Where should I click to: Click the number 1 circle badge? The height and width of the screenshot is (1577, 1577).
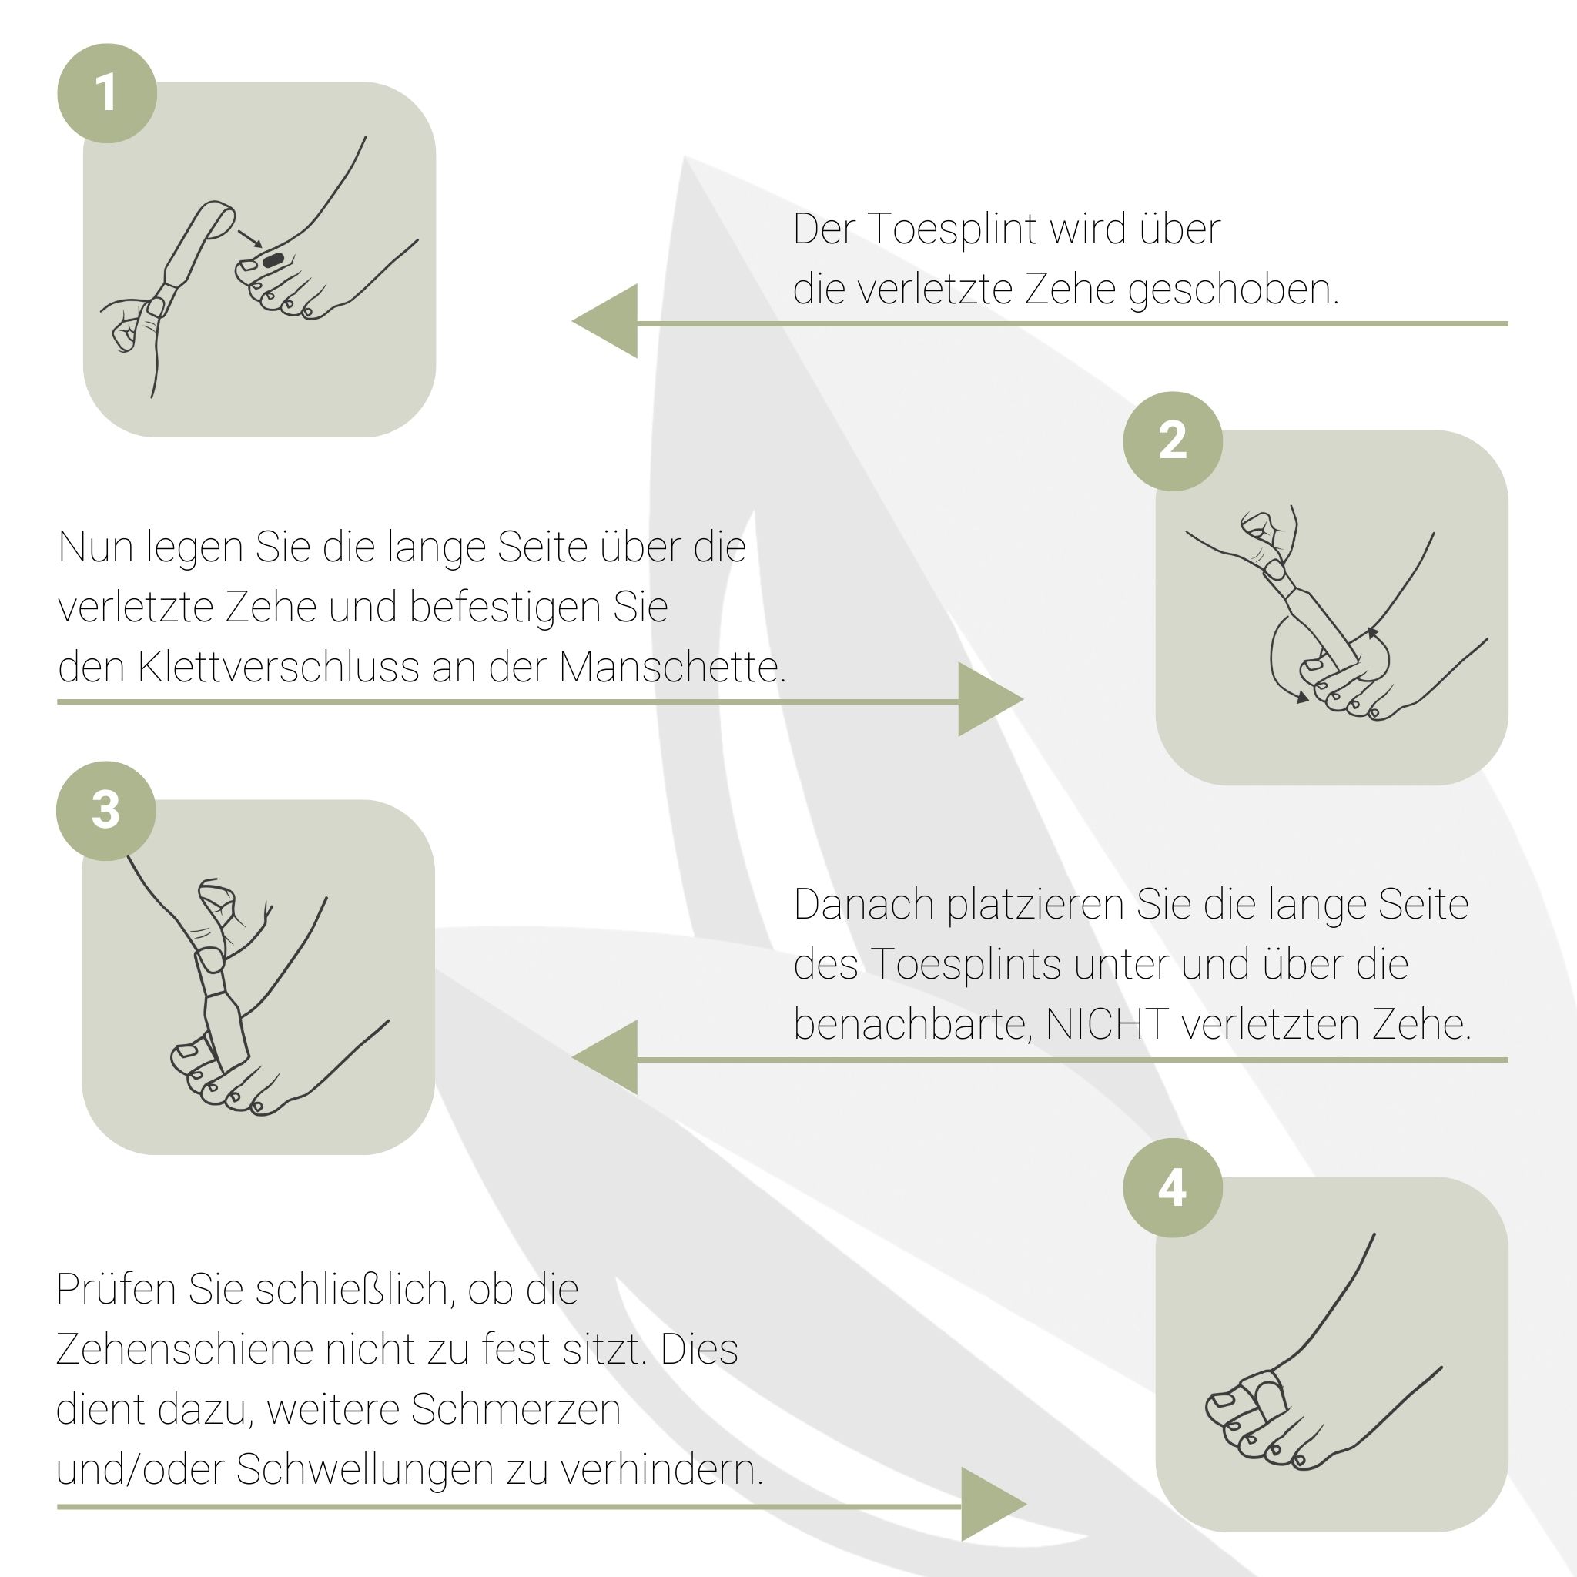pyautogui.click(x=107, y=93)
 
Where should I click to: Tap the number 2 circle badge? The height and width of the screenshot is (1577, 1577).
pyautogui.click(x=1173, y=440)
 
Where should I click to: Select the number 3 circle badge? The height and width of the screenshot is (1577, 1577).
pyautogui.click(x=106, y=811)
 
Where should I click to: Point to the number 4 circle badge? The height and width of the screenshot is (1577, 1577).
pyautogui.click(x=1173, y=1187)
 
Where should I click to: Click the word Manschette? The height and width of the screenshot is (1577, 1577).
pyautogui.click(x=672, y=667)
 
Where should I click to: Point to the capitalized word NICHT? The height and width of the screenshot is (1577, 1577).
pyautogui.click(x=1107, y=1024)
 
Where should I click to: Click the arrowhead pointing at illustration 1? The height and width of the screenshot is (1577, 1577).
pyautogui.click(x=604, y=322)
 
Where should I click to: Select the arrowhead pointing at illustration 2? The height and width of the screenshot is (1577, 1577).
pyautogui.click(x=991, y=699)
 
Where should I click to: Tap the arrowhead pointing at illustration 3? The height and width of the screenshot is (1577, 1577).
pyautogui.click(x=604, y=1057)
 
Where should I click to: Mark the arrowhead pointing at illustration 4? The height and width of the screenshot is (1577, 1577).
pyautogui.click(x=994, y=1505)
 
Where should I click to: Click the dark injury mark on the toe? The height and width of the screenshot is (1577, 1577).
pyautogui.click(x=273, y=260)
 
